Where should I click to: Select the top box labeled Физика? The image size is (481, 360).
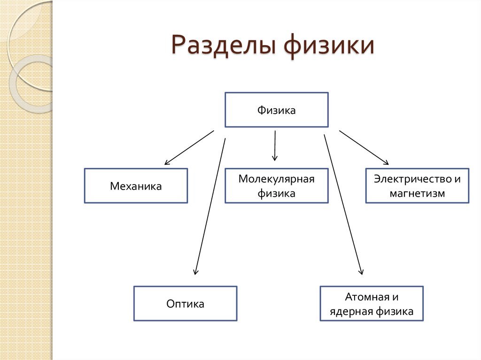pos(276,110)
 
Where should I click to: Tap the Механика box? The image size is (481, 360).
pos(136,186)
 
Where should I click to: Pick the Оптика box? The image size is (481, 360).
pos(185,304)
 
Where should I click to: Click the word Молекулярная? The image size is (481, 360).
pos(276,179)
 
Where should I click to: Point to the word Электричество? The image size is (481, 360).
pos(411,179)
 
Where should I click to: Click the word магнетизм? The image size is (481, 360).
pos(417,193)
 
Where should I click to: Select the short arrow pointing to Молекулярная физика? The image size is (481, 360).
pos(275,146)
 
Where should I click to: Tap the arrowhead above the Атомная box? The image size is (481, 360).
pos(361,271)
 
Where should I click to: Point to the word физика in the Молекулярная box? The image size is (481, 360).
pos(276,193)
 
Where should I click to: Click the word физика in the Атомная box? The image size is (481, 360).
pos(395,311)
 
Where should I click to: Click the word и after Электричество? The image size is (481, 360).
pos(457,179)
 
